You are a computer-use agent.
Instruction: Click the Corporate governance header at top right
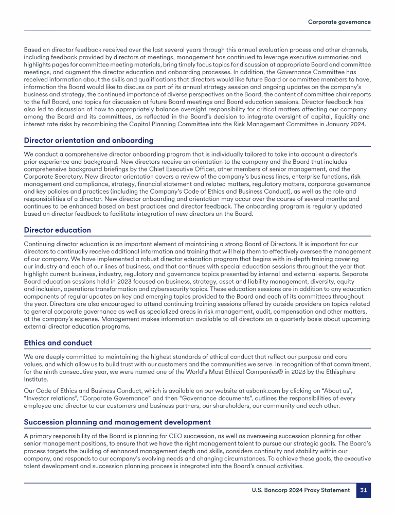(339, 22)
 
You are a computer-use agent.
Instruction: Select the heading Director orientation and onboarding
(88, 141)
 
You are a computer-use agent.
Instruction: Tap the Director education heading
(58, 230)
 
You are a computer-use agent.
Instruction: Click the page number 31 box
(363, 490)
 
